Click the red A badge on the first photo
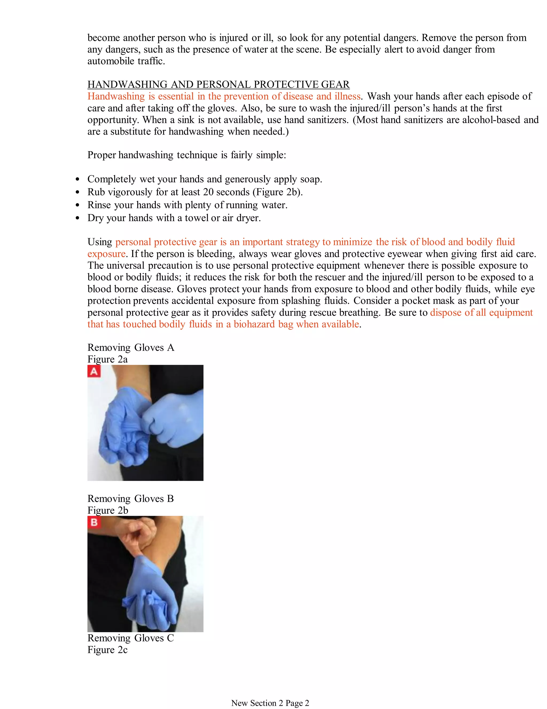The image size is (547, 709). [x=94, y=371]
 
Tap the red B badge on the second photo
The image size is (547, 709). [x=94, y=522]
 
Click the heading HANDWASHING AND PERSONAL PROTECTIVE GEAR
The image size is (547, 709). [x=218, y=84]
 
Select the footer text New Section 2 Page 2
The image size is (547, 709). [x=270, y=703]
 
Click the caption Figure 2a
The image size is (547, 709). [x=107, y=359]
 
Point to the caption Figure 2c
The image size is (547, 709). [x=107, y=650]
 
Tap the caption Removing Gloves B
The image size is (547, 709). [x=131, y=498]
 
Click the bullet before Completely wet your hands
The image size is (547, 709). [x=77, y=179]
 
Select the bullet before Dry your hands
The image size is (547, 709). [x=77, y=218]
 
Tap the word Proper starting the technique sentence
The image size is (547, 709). [x=101, y=155]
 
